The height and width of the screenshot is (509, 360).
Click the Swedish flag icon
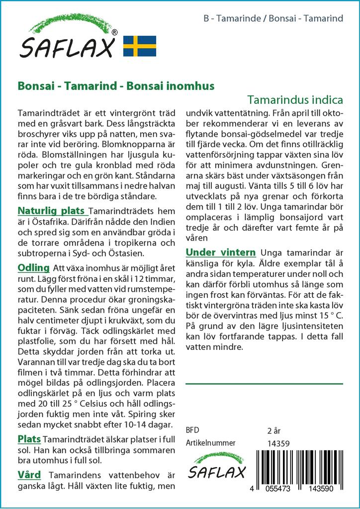[x=140, y=46]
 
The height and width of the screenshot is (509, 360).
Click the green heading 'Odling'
[x=33, y=268]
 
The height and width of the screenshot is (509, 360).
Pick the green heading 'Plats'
[x=29, y=439]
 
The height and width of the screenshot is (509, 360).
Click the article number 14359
[x=278, y=443]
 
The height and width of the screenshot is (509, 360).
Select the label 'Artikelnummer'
[x=210, y=443]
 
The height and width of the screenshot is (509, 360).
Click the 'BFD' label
[x=192, y=429]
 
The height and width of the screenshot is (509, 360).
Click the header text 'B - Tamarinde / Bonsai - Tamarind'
[x=273, y=19]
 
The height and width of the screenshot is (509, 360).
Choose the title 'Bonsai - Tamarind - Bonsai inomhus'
[x=116, y=85]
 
